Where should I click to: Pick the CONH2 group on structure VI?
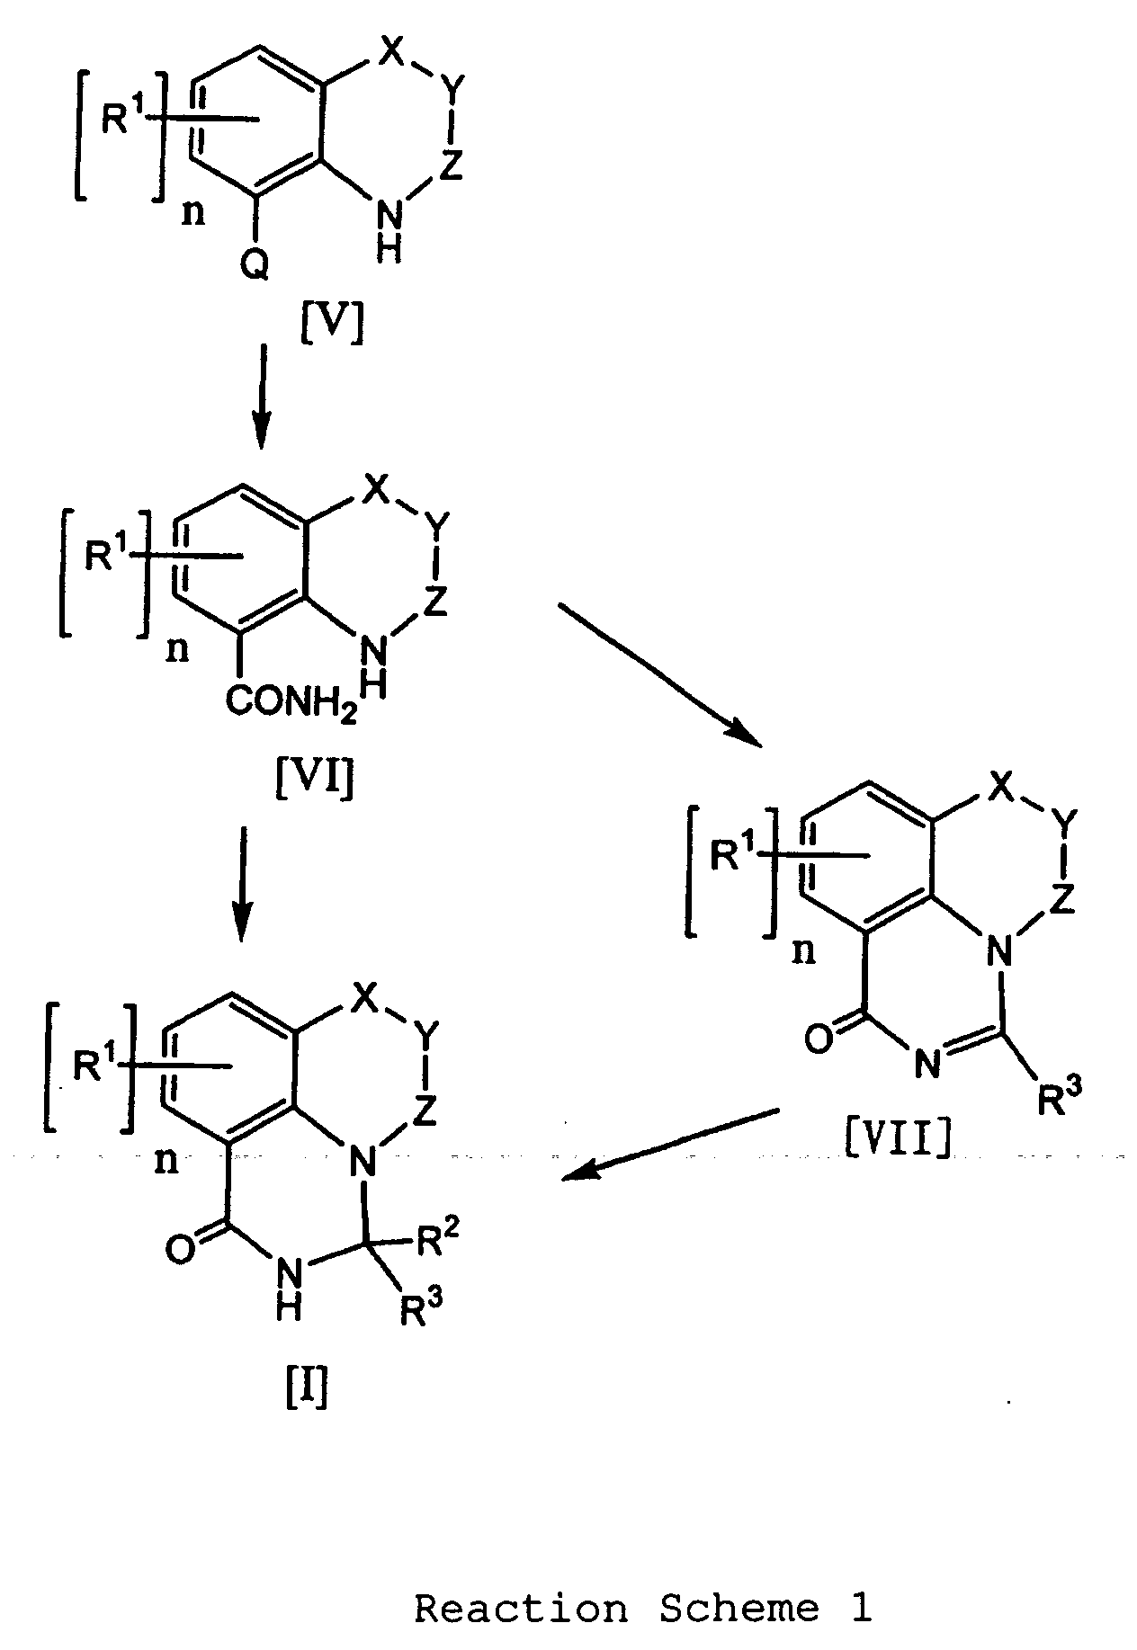(290, 702)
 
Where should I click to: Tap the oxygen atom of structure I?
(180, 1250)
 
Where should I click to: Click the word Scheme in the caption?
(739, 1609)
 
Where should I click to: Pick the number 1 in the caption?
(861, 1609)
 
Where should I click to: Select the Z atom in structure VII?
(1062, 900)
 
